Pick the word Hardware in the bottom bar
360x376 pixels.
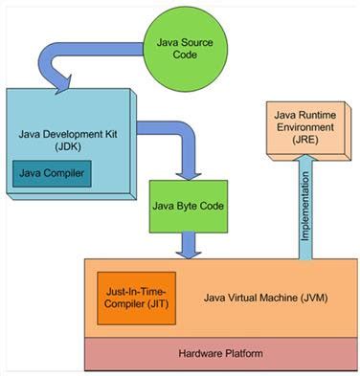pyautogui.click(x=200, y=353)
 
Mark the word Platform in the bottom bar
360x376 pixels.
pyautogui.click(x=240, y=353)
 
